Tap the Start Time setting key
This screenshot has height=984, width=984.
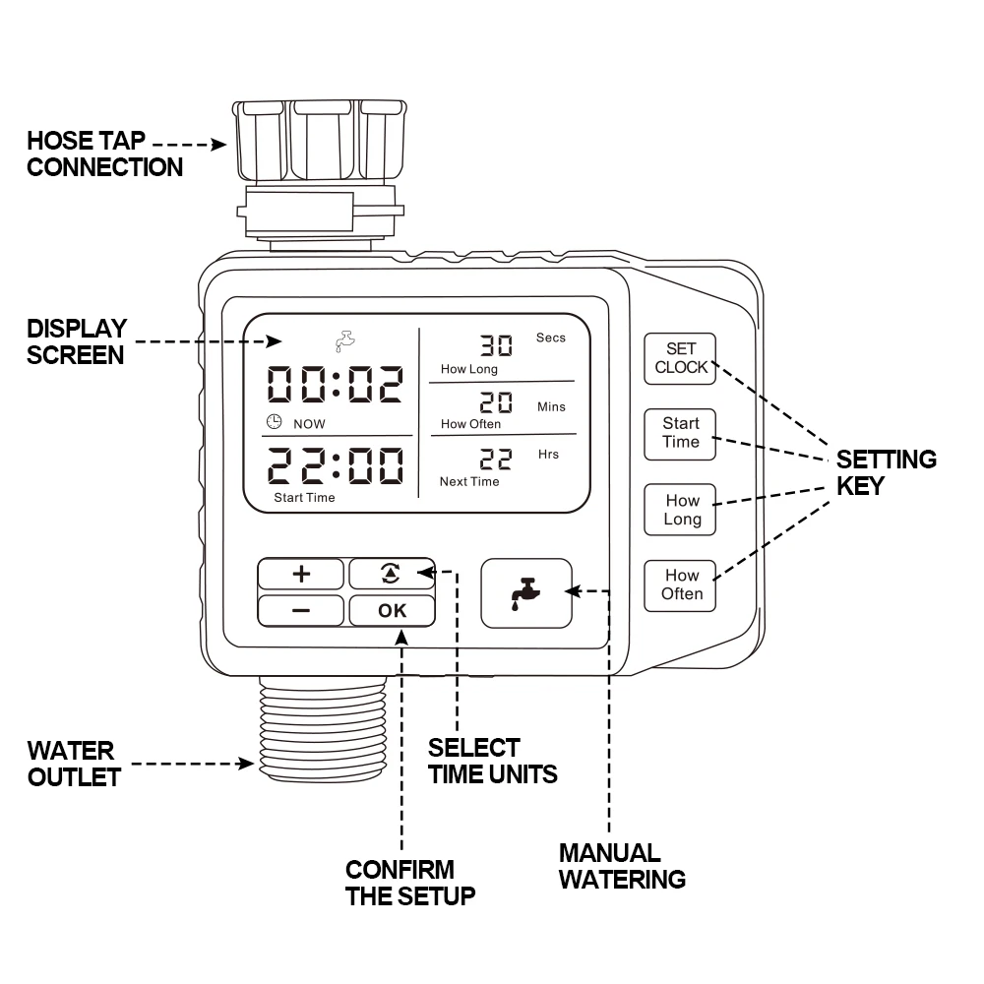pos(680,433)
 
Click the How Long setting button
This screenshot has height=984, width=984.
pos(681,510)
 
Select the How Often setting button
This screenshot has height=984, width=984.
pos(681,584)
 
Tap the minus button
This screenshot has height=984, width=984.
pos(301,610)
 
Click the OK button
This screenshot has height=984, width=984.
pos(392,610)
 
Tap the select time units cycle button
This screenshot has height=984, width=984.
pos(392,574)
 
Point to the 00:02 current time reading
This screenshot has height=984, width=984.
pos(336,385)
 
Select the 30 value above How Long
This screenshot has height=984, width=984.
pos(496,345)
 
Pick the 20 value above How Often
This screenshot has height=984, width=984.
pos(496,403)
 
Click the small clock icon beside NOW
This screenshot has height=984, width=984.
pos(275,422)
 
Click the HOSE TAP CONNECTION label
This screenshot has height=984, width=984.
pos(104,154)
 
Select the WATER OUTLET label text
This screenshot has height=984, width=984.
pos(73,764)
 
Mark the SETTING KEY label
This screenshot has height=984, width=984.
pos(886,472)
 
